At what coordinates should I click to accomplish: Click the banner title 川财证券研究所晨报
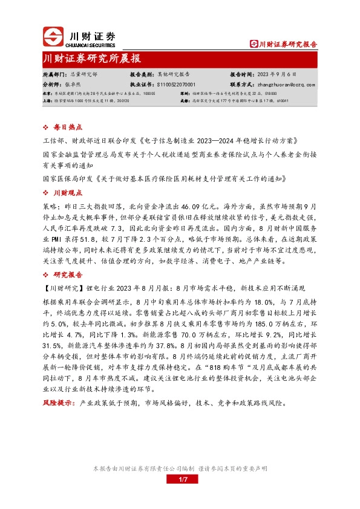[92, 59]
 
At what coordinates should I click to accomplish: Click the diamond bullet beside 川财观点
[48, 193]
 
